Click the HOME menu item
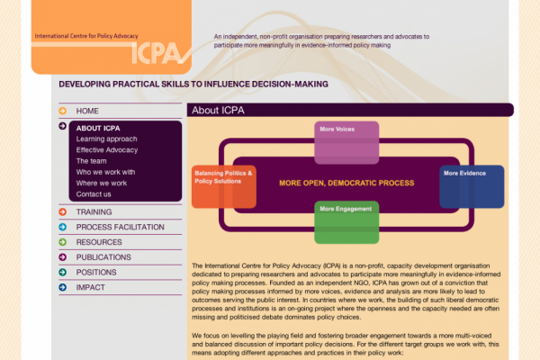(x=87, y=111)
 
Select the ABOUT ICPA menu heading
(x=97, y=128)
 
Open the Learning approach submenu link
(x=106, y=139)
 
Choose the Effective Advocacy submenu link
(x=106, y=150)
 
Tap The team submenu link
(x=91, y=161)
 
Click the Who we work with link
(x=105, y=172)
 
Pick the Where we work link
(x=101, y=183)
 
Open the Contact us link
(x=94, y=193)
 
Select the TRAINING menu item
(x=94, y=212)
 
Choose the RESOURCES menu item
(x=98, y=242)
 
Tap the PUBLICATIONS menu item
(x=103, y=257)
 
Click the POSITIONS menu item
(x=96, y=273)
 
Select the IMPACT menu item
(x=90, y=288)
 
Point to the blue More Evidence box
(x=472, y=185)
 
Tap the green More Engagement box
(x=346, y=220)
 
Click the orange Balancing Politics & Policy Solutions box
(x=224, y=185)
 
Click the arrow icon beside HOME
(x=62, y=111)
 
